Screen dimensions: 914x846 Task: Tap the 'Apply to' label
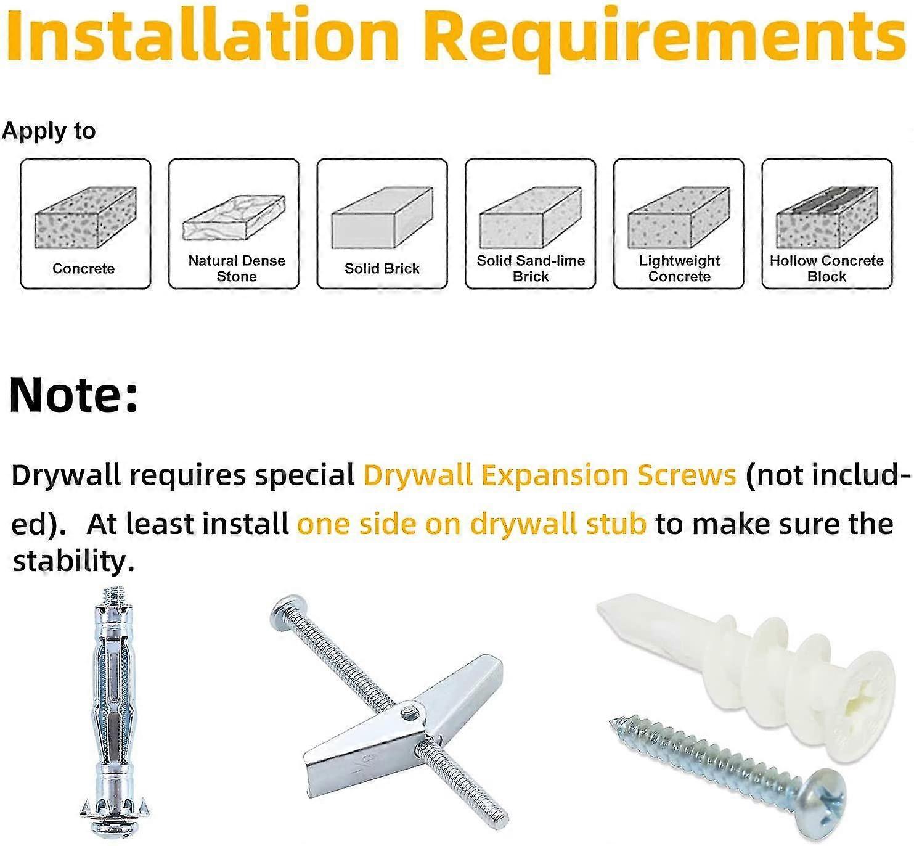coord(49,131)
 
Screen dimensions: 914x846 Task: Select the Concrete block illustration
coord(86,218)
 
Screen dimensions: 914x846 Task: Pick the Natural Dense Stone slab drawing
coord(234,218)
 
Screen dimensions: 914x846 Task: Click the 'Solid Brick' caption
coord(382,268)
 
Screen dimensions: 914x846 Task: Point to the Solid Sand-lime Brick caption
coord(531,268)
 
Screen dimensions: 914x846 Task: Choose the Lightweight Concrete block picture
coord(679,218)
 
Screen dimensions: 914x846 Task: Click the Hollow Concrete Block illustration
coord(827,218)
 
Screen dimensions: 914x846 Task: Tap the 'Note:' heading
coord(73,395)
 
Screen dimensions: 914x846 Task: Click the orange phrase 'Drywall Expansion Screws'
coord(550,476)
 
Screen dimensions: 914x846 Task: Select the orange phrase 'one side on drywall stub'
coord(471,525)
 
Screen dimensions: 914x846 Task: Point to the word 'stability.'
coord(73,561)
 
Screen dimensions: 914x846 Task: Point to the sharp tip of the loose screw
coord(612,724)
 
